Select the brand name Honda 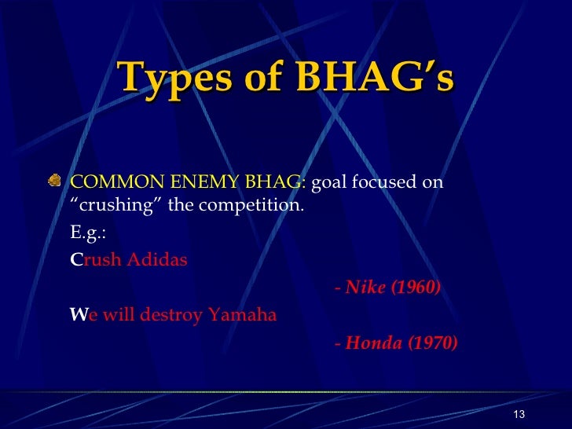coord(373,343)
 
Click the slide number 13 coord(518,415)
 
